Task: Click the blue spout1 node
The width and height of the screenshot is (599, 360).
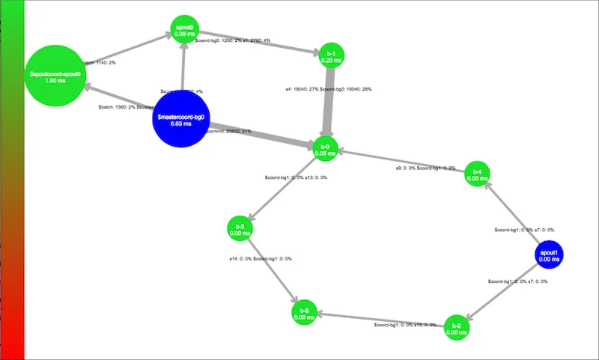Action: [x=549, y=255]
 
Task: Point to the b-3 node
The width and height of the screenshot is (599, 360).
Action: [x=240, y=229]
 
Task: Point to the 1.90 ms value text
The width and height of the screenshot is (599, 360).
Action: [x=56, y=82]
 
